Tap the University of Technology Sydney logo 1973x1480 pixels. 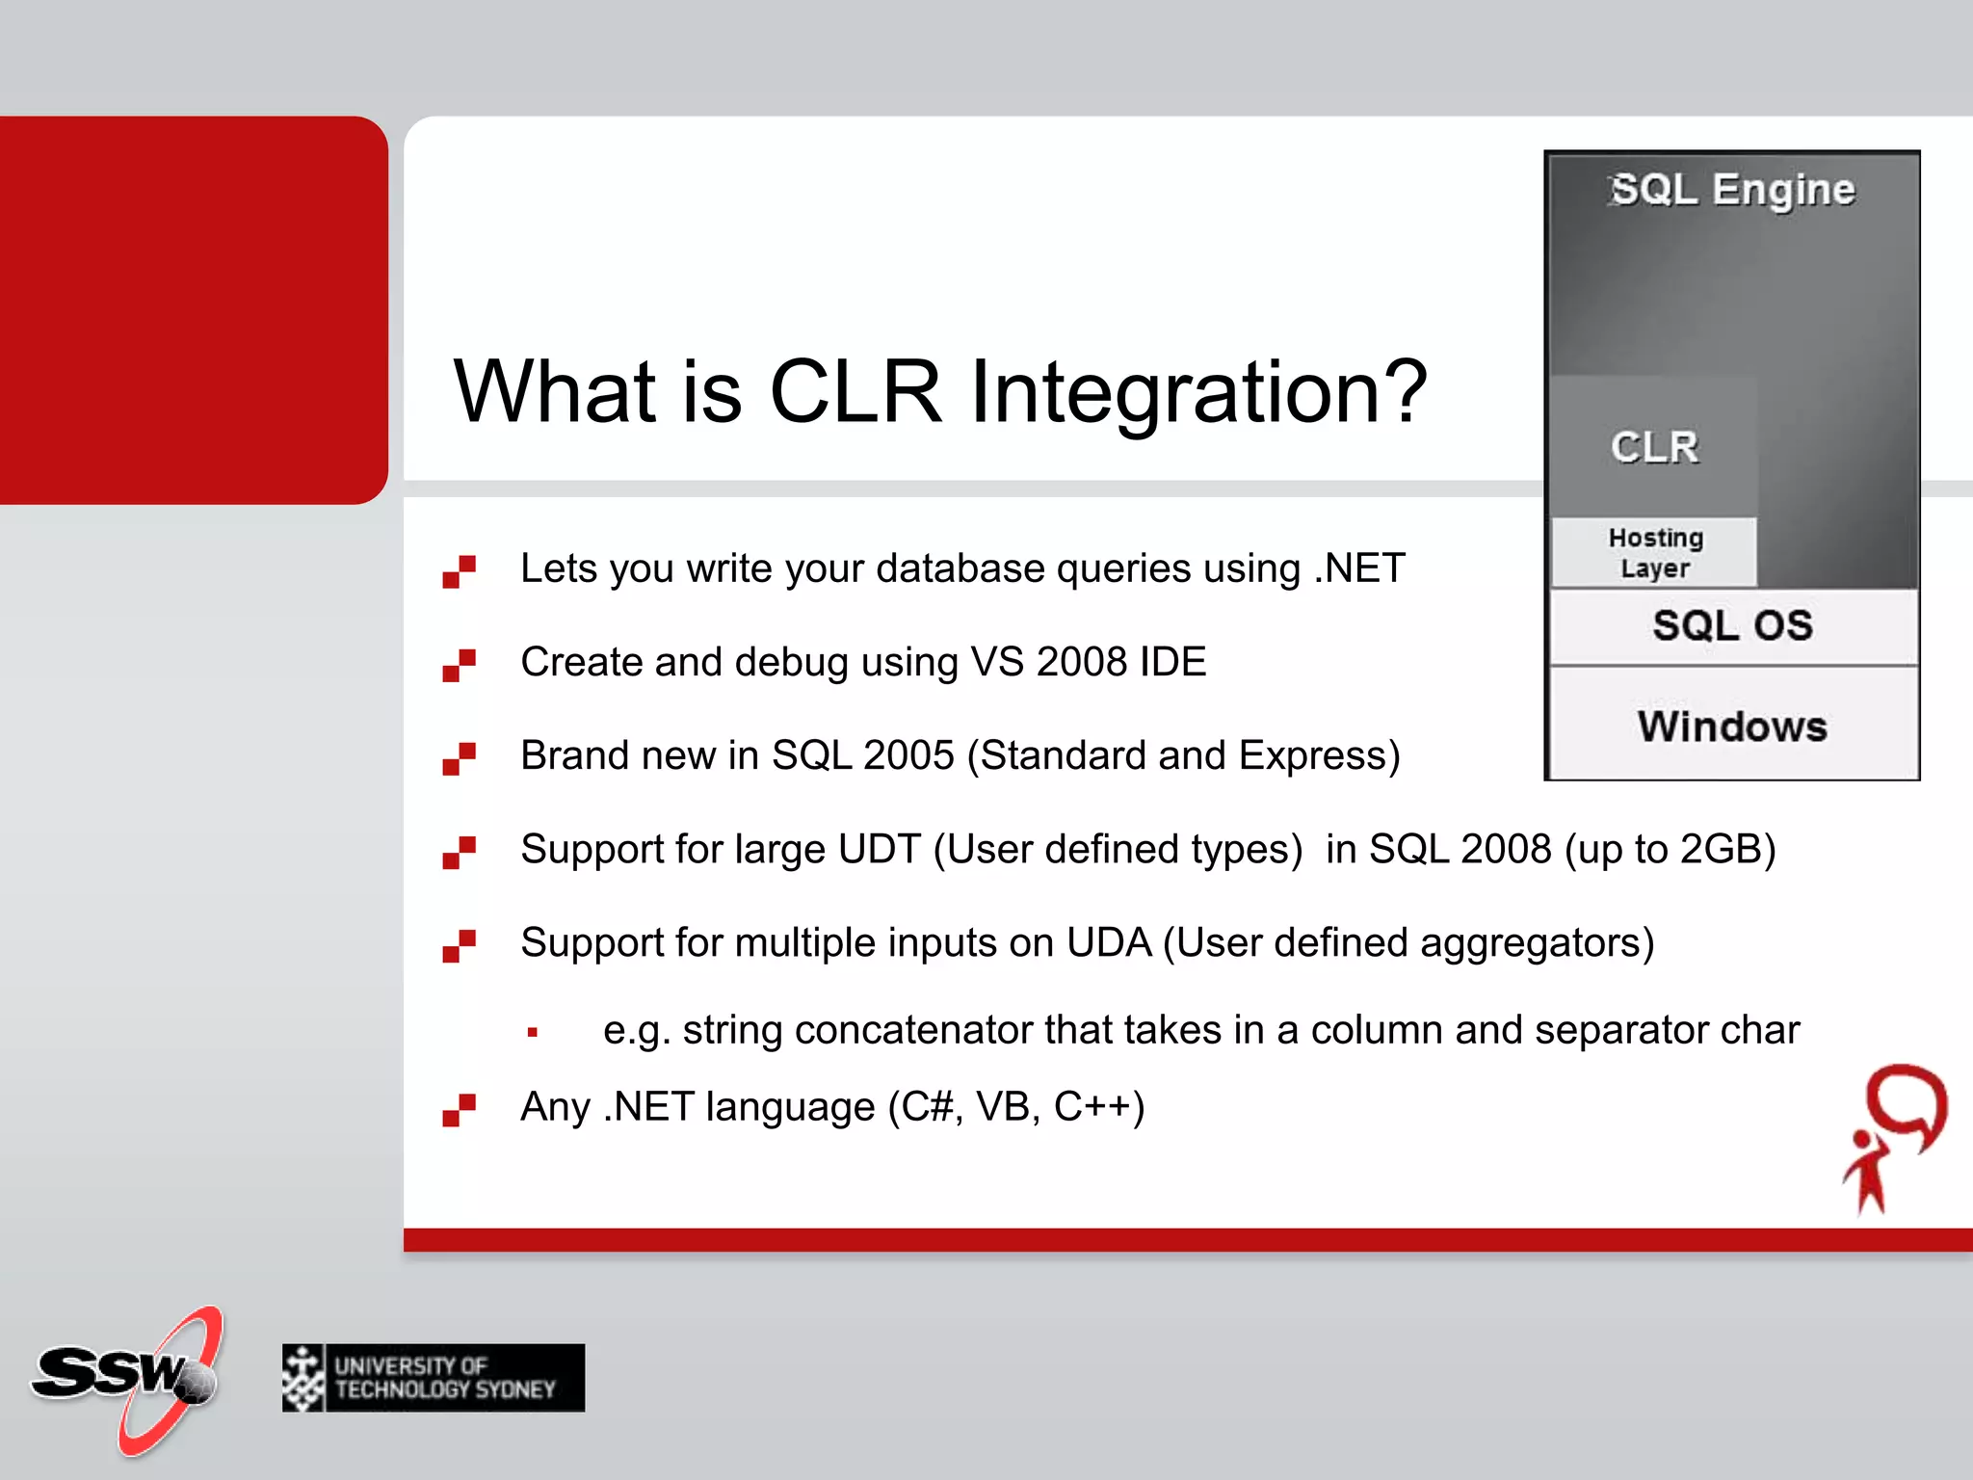434,1378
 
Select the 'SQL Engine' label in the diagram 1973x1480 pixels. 1732,190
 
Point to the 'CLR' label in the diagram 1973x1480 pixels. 1654,447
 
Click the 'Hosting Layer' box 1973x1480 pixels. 1654,553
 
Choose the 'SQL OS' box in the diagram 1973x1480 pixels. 1733,626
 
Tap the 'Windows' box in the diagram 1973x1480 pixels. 1733,725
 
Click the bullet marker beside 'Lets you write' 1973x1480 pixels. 459,571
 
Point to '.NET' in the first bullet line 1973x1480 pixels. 1359,568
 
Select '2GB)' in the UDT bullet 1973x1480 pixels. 1727,850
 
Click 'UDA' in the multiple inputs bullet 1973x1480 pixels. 1109,942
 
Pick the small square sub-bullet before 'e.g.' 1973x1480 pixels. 533,1032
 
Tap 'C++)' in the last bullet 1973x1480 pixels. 1099,1107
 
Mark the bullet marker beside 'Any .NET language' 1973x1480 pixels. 459,1110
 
